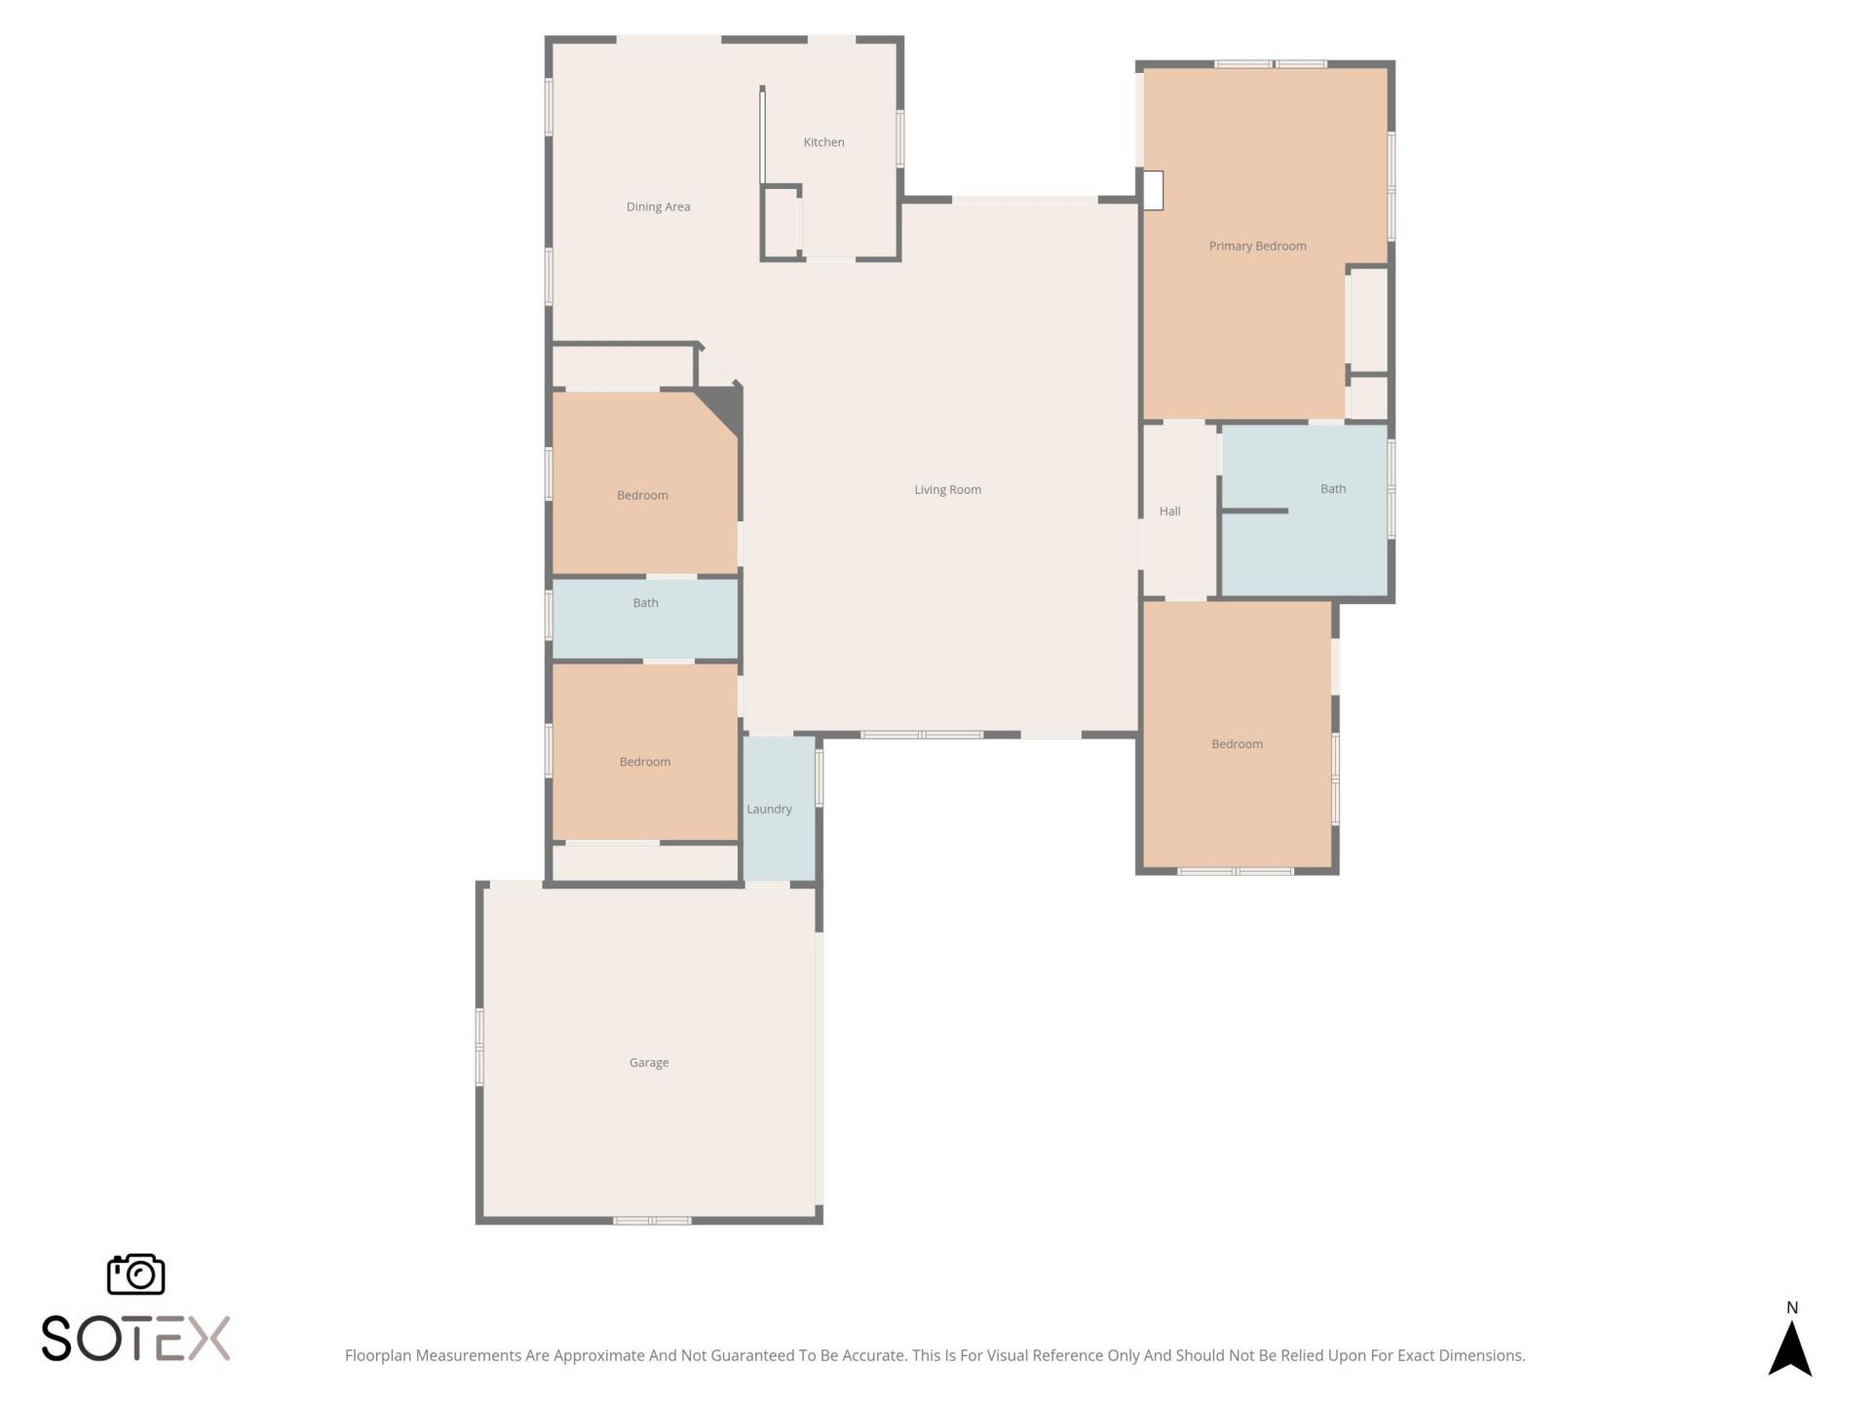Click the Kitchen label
coord(823,142)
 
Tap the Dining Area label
coord(658,207)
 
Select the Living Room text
coord(947,489)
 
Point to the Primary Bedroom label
coord(1257,246)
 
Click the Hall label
coord(1169,511)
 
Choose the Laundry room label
coord(769,809)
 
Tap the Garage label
coord(649,1062)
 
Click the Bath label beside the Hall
coord(1332,489)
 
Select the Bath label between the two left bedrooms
coord(645,603)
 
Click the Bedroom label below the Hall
coord(1237,743)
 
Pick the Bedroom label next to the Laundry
coord(644,762)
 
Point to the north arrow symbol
coord(1789,1349)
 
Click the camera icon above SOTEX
coord(135,1273)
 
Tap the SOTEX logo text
coord(135,1338)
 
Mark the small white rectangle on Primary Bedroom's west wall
coord(1153,190)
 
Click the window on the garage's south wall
coord(652,1220)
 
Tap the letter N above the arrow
coord(1791,1308)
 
